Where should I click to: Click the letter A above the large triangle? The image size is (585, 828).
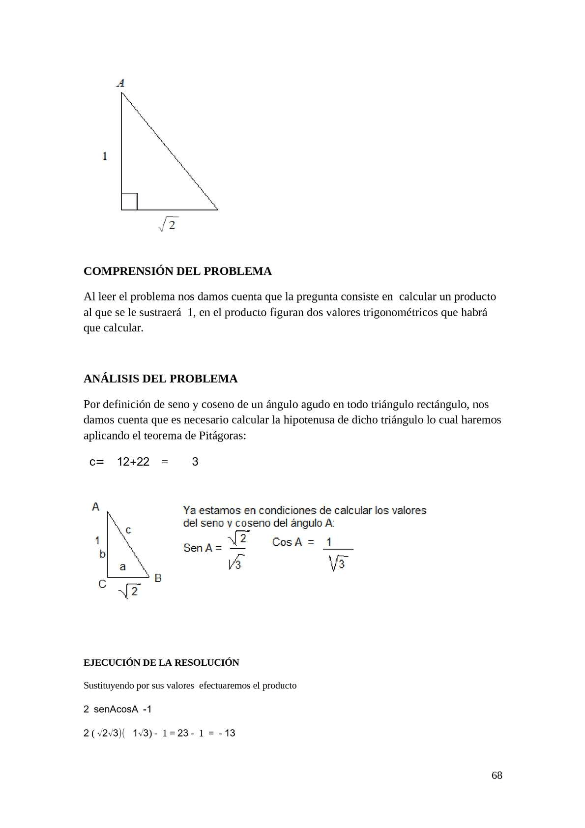tap(120, 83)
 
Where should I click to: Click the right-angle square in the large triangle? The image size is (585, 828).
tap(129, 202)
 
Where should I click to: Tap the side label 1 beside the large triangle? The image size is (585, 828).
tap(105, 156)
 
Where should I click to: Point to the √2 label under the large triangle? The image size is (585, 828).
tap(168, 225)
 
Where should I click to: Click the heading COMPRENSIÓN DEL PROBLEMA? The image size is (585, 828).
tap(177, 271)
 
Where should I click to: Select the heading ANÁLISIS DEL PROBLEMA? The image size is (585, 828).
tap(160, 379)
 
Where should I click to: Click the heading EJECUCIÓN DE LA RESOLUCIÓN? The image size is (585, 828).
tap(161, 663)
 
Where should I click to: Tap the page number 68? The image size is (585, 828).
tap(497, 775)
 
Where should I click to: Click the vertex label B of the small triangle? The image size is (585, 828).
tap(158, 578)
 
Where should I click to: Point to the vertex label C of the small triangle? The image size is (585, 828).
tap(102, 584)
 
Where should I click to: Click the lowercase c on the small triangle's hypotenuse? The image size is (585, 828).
tap(128, 530)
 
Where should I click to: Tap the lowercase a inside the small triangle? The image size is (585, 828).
tap(122, 567)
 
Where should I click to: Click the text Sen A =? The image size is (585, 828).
tap(202, 548)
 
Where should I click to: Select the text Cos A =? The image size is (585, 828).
tap(292, 542)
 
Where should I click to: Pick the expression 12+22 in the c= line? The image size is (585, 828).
tap(133, 462)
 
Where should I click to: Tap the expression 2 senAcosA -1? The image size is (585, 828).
tap(117, 709)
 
